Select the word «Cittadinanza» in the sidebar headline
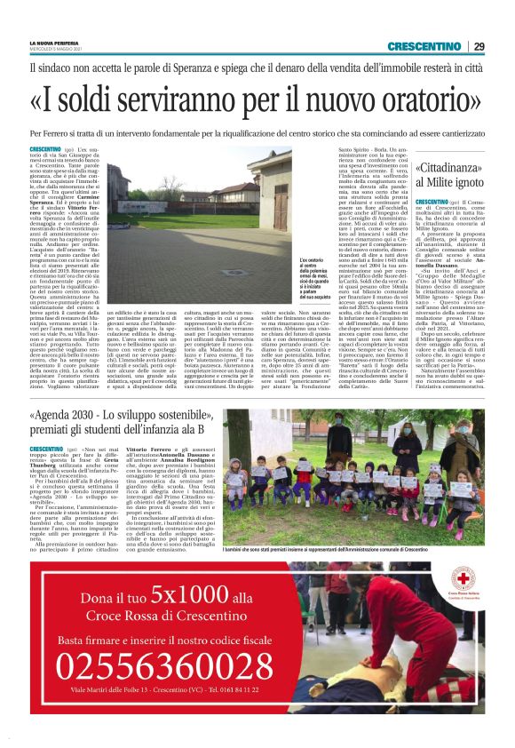pyautogui.click(x=451, y=166)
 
